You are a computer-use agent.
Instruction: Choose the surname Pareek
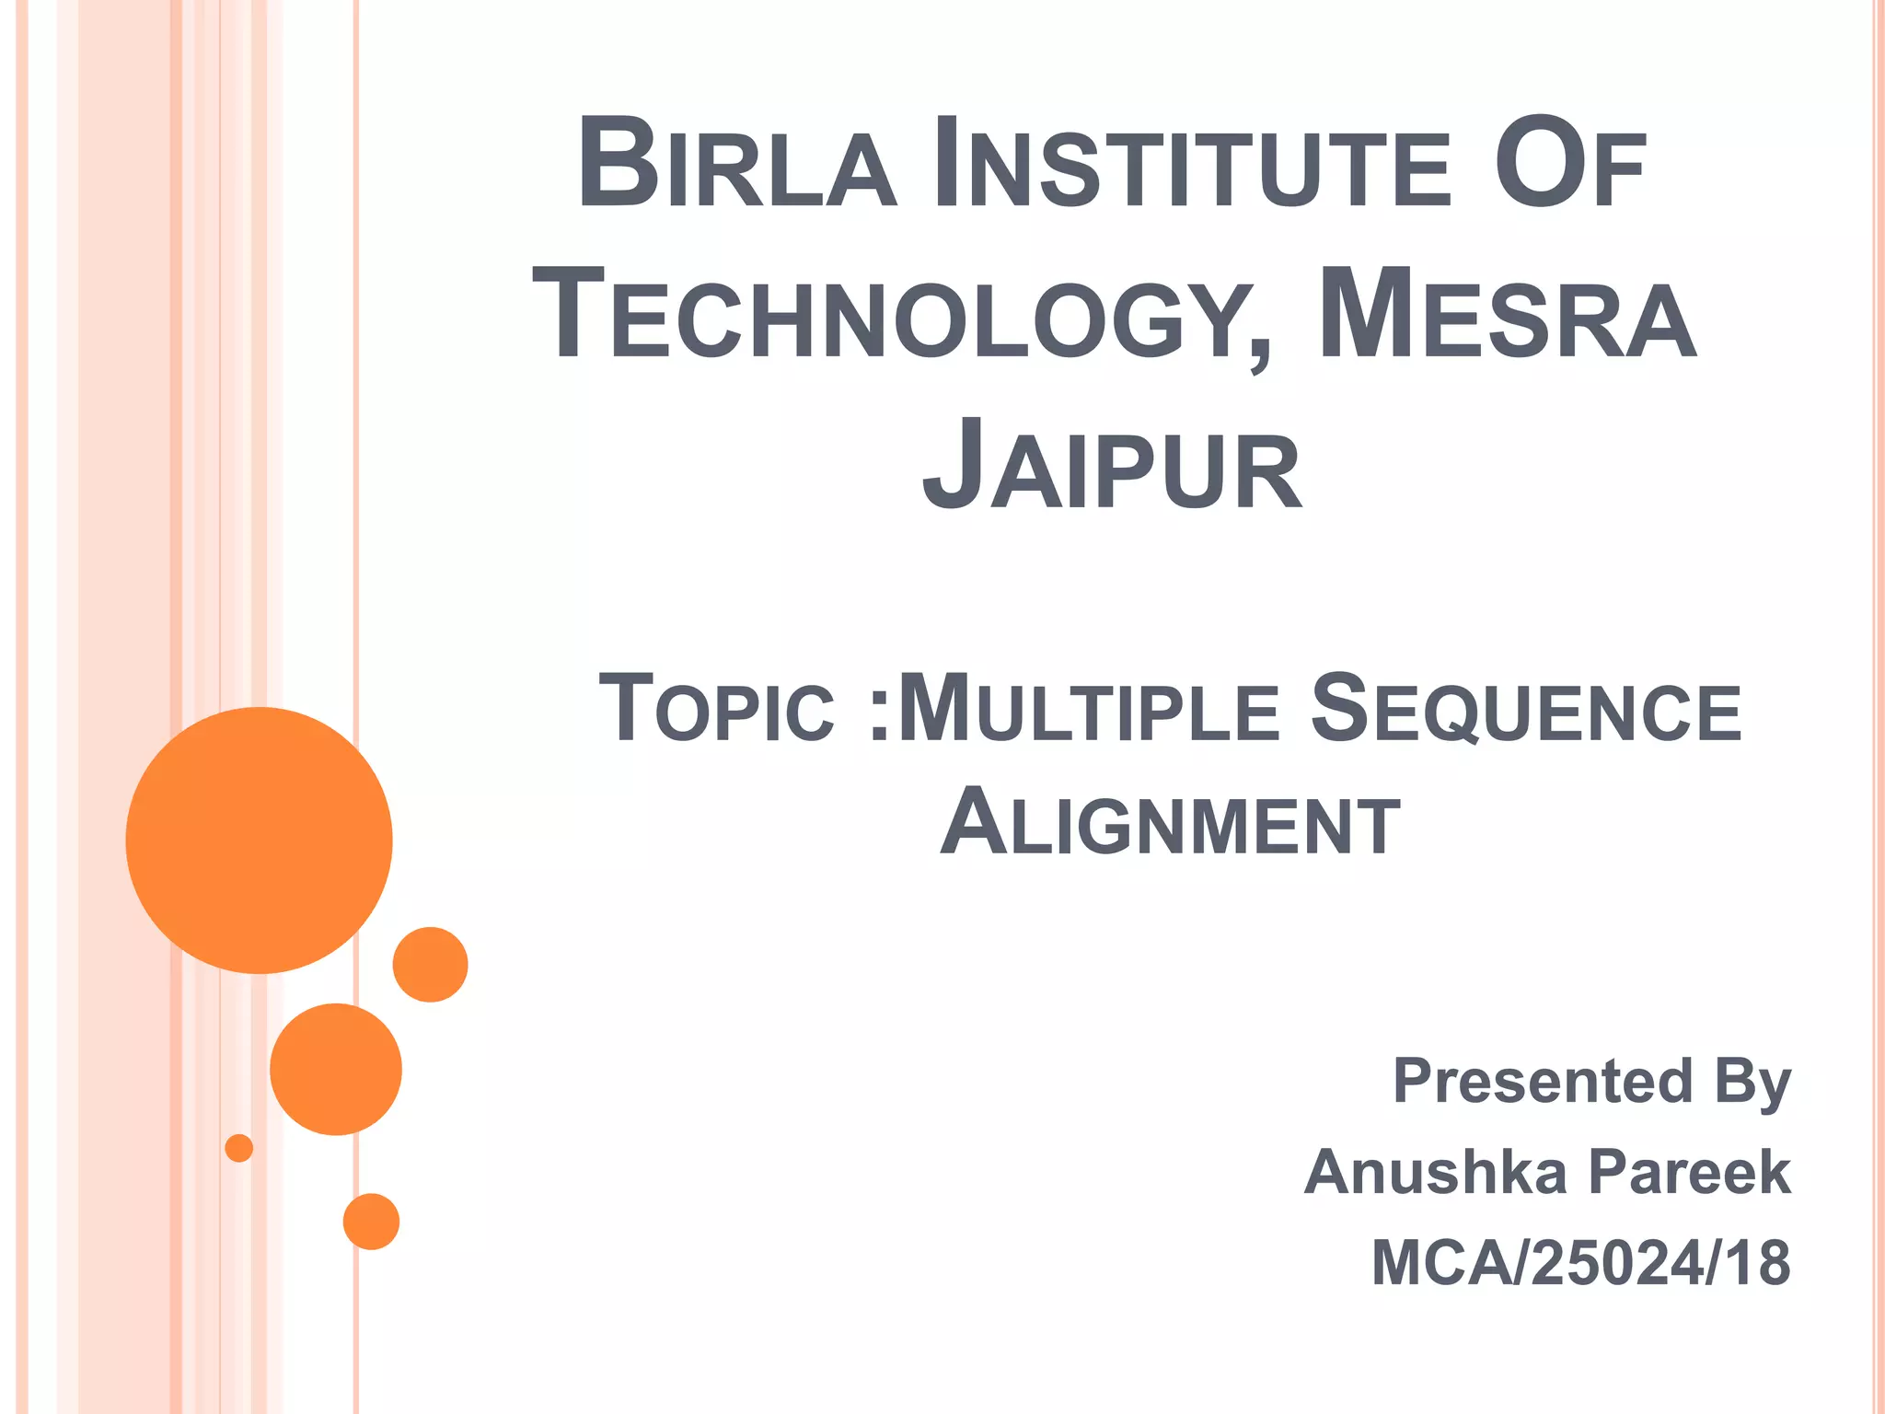click(1690, 1172)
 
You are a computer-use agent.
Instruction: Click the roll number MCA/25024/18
click(1580, 1262)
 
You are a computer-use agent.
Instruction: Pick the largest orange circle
click(260, 840)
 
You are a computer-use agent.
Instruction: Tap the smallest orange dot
click(239, 1148)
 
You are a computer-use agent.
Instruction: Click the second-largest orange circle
click(336, 1069)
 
